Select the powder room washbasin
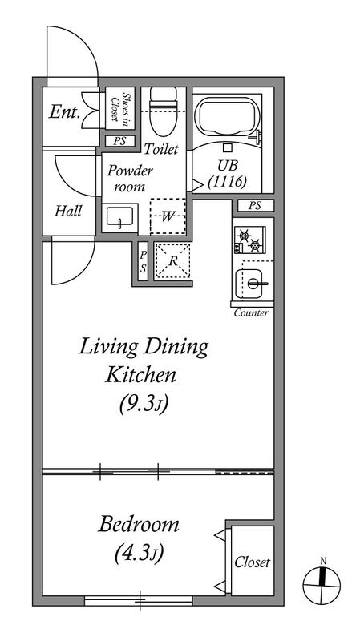(x=119, y=216)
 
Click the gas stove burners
(x=249, y=240)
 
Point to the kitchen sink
(x=249, y=284)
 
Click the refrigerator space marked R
(x=172, y=262)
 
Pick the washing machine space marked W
(x=168, y=216)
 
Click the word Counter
(x=251, y=313)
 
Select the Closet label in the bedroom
(x=252, y=562)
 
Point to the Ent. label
(x=64, y=111)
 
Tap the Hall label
(x=68, y=211)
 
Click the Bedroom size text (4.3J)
(x=139, y=554)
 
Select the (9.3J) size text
(x=144, y=405)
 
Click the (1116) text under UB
(x=227, y=181)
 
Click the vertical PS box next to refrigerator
(x=144, y=261)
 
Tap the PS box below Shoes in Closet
(x=119, y=141)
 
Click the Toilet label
(x=161, y=149)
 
